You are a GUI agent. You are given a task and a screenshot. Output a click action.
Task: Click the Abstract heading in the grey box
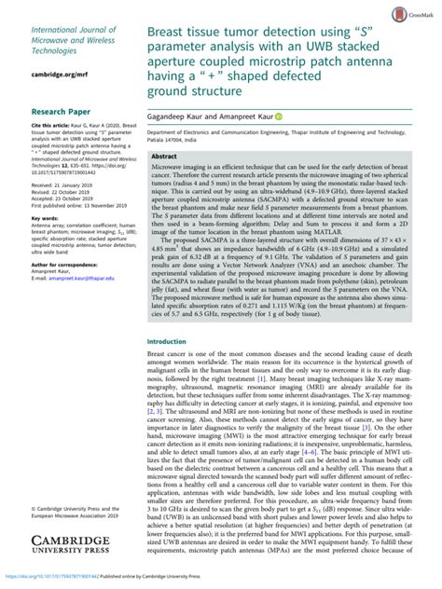pos(164,157)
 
